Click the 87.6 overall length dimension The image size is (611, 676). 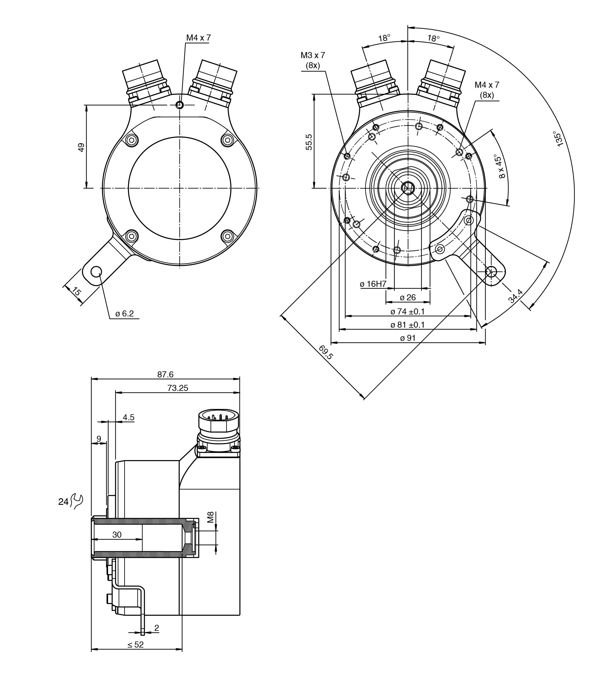[166, 374]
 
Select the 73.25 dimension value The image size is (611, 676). [178, 388]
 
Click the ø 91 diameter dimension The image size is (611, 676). [408, 338]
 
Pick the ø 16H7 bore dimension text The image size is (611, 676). [373, 284]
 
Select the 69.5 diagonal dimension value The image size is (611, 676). [325, 352]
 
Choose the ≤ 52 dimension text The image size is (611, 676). [136, 644]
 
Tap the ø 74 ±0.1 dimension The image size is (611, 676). [408, 312]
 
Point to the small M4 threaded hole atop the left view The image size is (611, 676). [180, 105]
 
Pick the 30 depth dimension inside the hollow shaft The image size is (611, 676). [117, 535]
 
